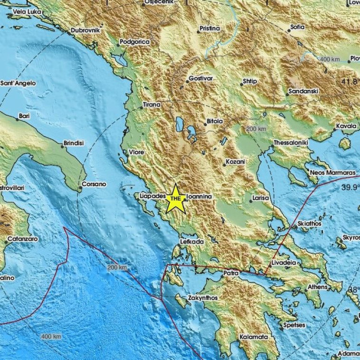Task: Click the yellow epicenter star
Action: point(175,198)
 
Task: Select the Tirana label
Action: point(151,104)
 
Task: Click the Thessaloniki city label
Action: point(291,143)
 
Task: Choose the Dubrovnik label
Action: point(85,30)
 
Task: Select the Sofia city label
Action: point(298,26)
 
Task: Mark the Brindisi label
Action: point(74,143)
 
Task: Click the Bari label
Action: point(24,116)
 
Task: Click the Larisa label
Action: point(260,198)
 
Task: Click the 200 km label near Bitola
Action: point(256,129)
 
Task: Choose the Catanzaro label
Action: point(22,239)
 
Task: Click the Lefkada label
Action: point(191,241)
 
